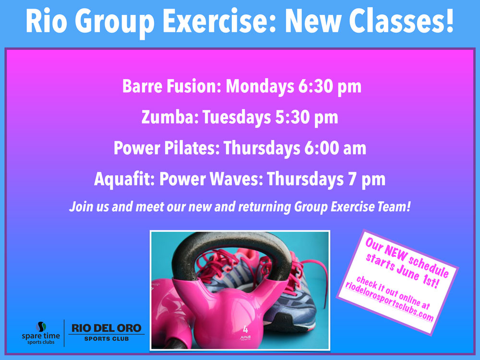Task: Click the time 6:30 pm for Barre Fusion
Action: [x=330, y=86]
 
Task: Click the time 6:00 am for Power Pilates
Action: [x=335, y=148]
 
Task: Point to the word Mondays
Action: [x=260, y=86]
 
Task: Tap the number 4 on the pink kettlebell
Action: [x=245, y=329]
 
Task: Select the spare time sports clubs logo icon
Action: [x=41, y=326]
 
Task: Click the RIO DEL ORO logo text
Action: [x=106, y=328]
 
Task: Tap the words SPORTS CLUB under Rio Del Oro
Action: [x=107, y=339]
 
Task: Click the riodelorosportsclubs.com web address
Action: [x=389, y=302]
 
